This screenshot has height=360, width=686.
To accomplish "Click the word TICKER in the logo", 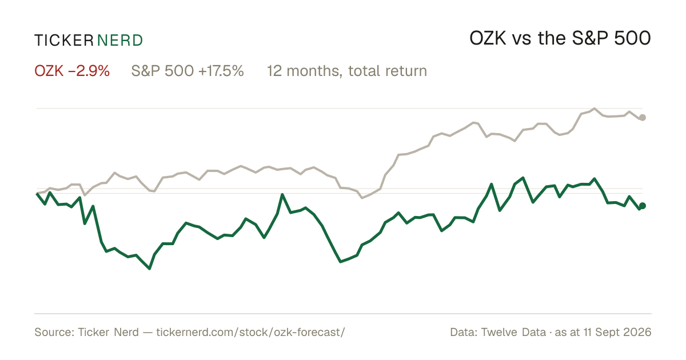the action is (x=64, y=41).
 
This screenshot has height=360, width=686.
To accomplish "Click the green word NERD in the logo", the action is (x=120, y=41).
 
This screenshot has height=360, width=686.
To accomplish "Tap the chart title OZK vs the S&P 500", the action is (x=560, y=38).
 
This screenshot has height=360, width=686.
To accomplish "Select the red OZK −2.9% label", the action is (x=72, y=71).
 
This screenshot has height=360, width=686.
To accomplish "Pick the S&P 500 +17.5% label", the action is (x=188, y=71).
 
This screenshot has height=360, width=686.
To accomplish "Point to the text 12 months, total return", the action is (x=347, y=71).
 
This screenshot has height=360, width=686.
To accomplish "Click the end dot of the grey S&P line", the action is (x=643, y=118).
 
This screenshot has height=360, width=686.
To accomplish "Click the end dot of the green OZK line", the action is (x=643, y=206).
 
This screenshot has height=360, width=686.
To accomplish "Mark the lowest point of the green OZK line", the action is (x=149, y=269).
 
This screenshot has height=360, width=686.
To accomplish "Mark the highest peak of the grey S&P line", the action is (x=595, y=109).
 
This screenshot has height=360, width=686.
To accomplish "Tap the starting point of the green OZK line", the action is (x=37, y=194).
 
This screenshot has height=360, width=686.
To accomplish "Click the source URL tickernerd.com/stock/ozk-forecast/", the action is (x=251, y=332).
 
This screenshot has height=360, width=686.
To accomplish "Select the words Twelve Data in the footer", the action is (x=513, y=332).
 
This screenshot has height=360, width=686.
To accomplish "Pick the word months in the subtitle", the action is (x=313, y=71).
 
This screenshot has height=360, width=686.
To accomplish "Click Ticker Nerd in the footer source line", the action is (x=109, y=332).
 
